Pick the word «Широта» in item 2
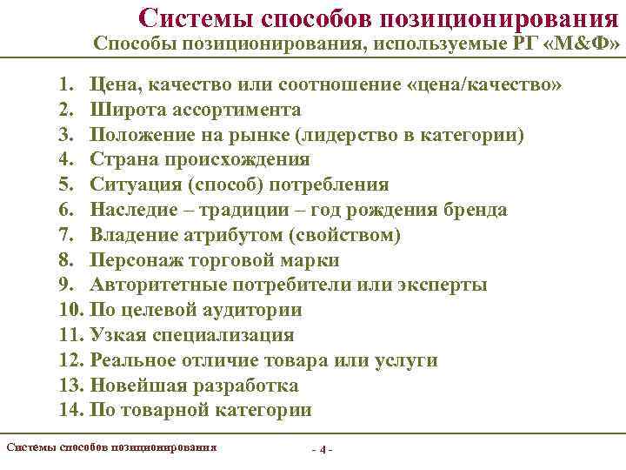pyautogui.click(x=126, y=111)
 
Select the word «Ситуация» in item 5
pyautogui.click(x=135, y=185)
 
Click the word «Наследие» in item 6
pyautogui.click(x=134, y=211)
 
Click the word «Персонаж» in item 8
pyautogui.click(x=136, y=260)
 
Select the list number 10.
pyautogui.click(x=70, y=311)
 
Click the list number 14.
pyautogui.click(x=70, y=411)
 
